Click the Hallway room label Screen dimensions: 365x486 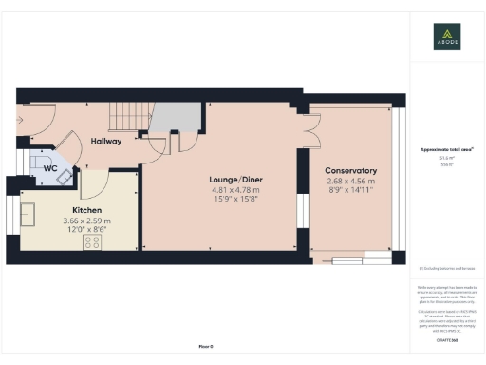[x=106, y=142]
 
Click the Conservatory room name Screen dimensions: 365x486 [x=350, y=170]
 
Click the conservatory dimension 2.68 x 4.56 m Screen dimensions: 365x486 [x=350, y=181]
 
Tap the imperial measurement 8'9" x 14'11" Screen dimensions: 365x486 [x=350, y=191]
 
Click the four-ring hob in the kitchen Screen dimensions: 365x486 [x=93, y=243]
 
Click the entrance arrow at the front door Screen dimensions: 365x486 [x=18, y=120]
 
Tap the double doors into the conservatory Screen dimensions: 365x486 [x=307, y=130]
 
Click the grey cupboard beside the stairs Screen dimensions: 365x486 [x=178, y=118]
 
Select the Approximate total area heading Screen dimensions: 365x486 [x=447, y=150]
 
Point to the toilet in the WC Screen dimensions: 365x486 [x=39, y=158]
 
